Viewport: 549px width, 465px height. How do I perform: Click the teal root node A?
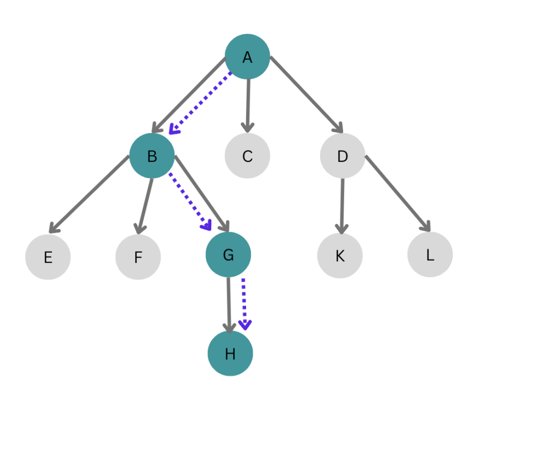pyautogui.click(x=247, y=57)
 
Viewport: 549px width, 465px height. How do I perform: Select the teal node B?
pyautogui.click(x=152, y=156)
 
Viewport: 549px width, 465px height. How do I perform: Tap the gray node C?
pyautogui.click(x=247, y=156)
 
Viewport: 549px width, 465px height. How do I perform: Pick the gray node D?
pyautogui.click(x=343, y=156)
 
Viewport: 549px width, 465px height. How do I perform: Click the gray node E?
pyautogui.click(x=48, y=257)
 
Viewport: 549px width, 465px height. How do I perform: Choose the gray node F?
pyautogui.click(x=138, y=257)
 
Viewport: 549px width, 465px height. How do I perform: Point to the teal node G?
pyautogui.click(x=228, y=255)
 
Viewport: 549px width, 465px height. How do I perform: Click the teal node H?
pyautogui.click(x=230, y=353)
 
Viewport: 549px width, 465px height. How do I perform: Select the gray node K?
pyautogui.click(x=340, y=256)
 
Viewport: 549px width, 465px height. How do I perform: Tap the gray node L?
pyautogui.click(x=430, y=255)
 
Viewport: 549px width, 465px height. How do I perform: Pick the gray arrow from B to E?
pyautogui.click(x=89, y=194)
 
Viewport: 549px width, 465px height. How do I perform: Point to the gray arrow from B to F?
pyautogui.click(x=145, y=206)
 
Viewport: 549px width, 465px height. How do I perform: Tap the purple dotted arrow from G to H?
pyautogui.click(x=244, y=304)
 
